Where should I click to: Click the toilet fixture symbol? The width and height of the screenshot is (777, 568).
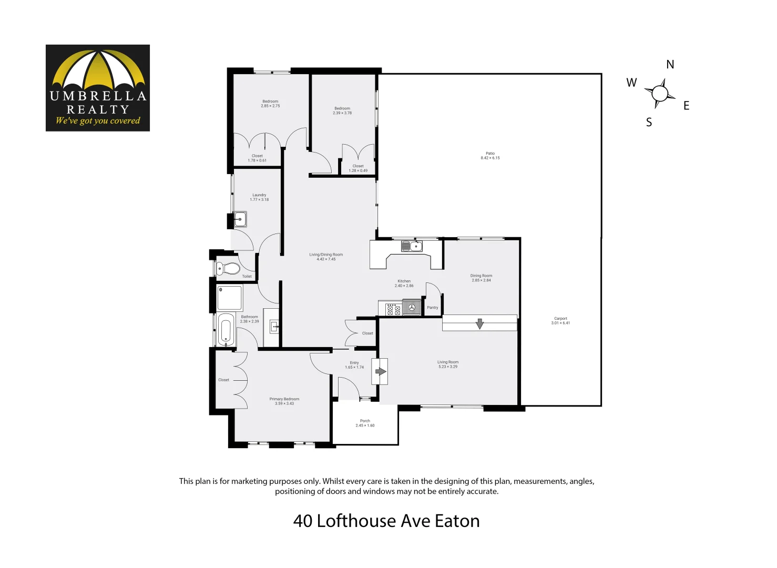pos(229,269)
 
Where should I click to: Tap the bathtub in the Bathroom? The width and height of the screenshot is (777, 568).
pos(226,330)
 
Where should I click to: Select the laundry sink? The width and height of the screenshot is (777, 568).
pos(240,219)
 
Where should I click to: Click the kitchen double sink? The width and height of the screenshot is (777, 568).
pos(412,246)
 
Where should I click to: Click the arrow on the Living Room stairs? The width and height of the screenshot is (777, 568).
pos(479,323)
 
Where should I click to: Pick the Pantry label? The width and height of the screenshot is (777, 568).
pos(433,308)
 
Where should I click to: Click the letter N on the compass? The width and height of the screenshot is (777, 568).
pos(670,65)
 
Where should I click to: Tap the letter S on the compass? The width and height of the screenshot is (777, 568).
pos(649,123)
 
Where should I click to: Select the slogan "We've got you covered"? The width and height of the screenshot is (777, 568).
pos(98,121)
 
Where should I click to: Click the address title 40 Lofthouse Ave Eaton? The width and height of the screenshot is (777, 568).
pos(386,521)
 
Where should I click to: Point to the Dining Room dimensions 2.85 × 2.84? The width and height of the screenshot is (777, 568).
pos(481,280)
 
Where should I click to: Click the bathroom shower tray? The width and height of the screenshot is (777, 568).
pos(230,298)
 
